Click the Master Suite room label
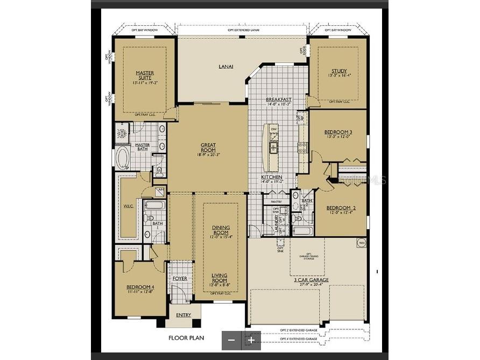point(144,75)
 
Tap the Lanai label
point(226,67)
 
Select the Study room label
point(339,71)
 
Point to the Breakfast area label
point(279,100)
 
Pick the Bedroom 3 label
point(338,132)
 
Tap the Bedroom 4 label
point(140,287)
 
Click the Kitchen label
point(272,177)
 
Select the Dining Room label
point(221,230)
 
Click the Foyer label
point(180,278)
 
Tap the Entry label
point(183,315)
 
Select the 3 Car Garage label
point(311,280)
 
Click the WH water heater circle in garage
point(361,243)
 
